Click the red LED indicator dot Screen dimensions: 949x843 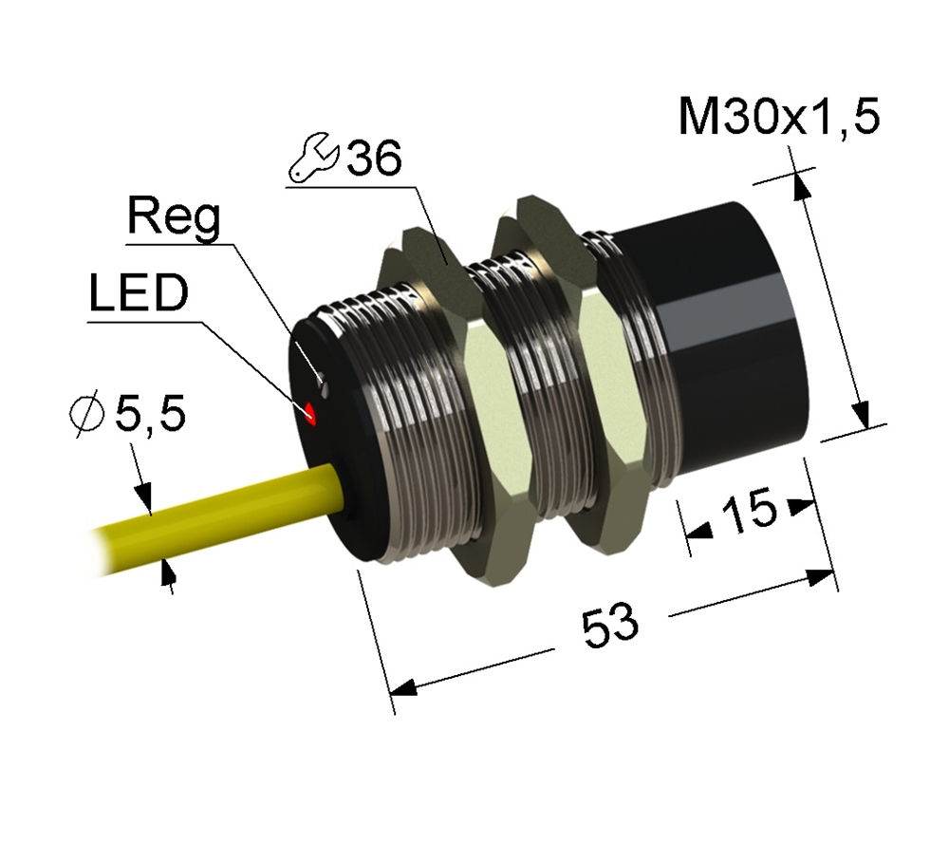click(311, 413)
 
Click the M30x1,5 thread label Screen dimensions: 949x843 click(779, 115)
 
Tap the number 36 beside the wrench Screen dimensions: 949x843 click(373, 158)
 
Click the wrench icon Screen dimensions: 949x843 click(313, 159)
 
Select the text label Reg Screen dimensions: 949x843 click(174, 217)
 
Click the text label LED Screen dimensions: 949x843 click(139, 293)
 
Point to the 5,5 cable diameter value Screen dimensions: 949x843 click(150, 414)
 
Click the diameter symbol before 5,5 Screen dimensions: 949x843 click(86, 415)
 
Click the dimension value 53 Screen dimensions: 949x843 click(609, 625)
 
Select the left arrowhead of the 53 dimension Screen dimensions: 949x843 click(403, 688)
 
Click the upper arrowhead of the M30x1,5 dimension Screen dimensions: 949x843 click(800, 185)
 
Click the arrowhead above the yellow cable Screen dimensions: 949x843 click(143, 496)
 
